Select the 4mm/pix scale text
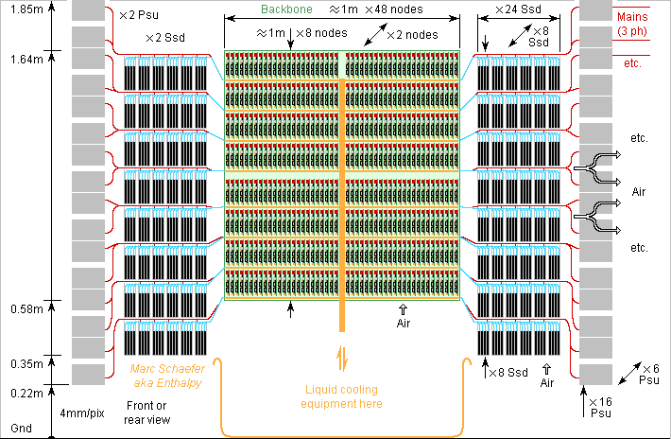tap(82, 414)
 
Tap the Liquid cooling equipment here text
tap(342, 396)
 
